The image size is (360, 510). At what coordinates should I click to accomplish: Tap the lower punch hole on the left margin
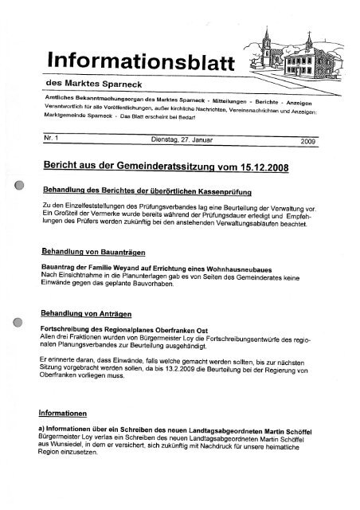point(17,325)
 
